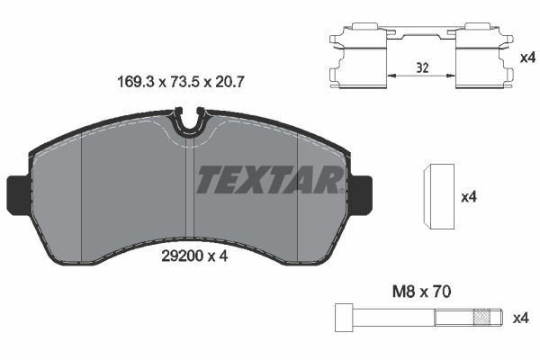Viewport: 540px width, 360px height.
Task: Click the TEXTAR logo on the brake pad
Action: pos(269,180)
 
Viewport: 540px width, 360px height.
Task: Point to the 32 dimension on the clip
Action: pos(421,67)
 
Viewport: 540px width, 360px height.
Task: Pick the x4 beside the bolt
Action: pos(520,318)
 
